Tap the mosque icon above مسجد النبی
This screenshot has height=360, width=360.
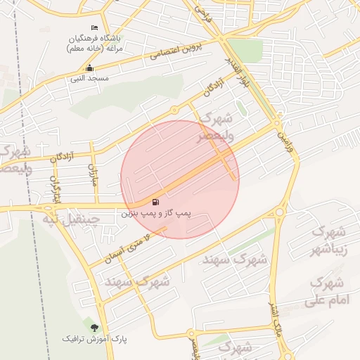[x=89, y=68]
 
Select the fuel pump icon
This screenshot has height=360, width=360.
[x=155, y=202]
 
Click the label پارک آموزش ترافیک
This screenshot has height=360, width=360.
[x=96, y=339]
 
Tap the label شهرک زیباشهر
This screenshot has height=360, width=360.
[x=329, y=239]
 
